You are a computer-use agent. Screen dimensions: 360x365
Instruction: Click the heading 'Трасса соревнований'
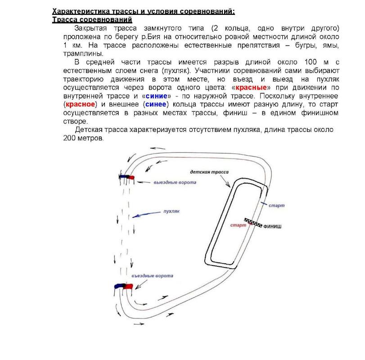click(92, 20)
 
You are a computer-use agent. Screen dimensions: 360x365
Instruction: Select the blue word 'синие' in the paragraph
click(157, 96)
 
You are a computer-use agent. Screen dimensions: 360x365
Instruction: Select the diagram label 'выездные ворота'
click(175, 182)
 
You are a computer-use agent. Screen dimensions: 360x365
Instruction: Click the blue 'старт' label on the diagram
click(276, 205)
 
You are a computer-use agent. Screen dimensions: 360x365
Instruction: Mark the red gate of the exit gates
click(131, 177)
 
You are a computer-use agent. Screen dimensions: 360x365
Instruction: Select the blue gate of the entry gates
click(119, 286)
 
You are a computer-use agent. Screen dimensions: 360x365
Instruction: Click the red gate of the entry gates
click(129, 286)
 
